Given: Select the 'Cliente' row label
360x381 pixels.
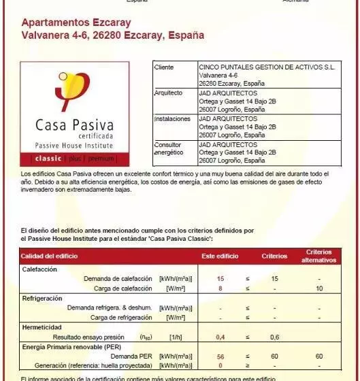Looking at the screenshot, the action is (164, 67).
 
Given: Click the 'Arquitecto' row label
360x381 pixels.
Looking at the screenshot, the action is (168, 93).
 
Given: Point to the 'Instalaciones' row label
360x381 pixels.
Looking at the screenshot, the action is (172, 118).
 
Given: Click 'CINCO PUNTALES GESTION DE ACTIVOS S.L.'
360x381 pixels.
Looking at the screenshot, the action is (267, 67).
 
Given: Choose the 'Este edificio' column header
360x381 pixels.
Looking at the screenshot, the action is (220, 256).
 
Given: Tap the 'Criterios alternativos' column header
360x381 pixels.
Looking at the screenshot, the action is (318, 256).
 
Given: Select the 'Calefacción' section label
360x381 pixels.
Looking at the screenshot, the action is (39, 269).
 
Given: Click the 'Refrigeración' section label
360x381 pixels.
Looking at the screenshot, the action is (42, 299).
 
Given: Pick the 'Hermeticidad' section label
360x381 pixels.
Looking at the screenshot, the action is (42, 327).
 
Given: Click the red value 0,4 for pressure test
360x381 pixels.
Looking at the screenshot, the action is (220, 337).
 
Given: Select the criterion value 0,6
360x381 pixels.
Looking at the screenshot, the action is (274, 337).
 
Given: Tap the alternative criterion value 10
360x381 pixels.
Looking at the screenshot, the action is (318, 288).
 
